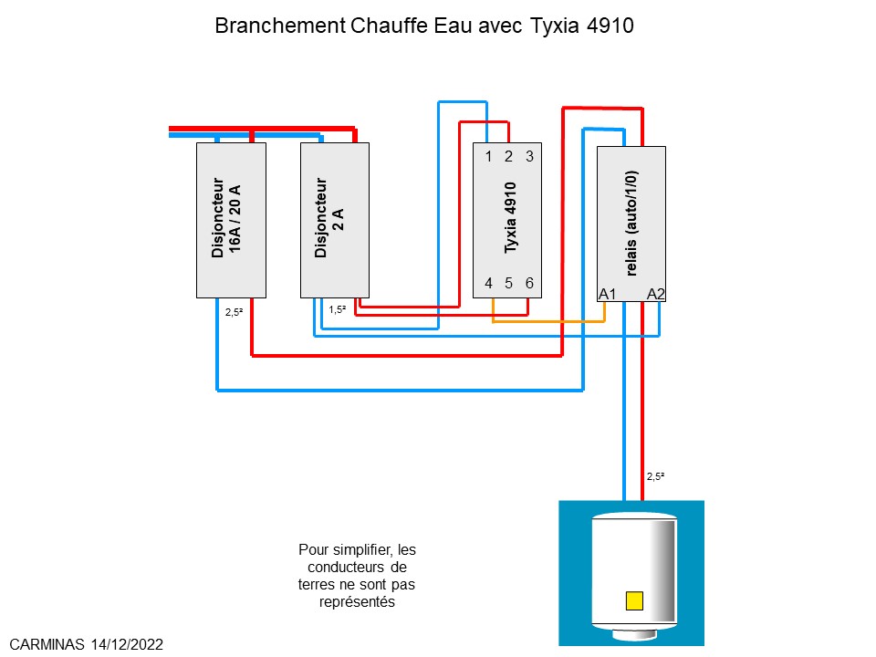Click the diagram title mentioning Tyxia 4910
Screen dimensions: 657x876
(x=423, y=26)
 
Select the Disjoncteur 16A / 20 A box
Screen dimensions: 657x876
(x=231, y=220)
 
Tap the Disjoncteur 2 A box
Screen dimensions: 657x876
(x=334, y=220)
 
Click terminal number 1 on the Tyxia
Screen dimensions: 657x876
(x=488, y=157)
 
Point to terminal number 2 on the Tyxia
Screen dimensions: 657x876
(x=508, y=157)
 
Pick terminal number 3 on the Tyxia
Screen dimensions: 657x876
(x=529, y=157)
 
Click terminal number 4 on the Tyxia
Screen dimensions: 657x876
(x=488, y=283)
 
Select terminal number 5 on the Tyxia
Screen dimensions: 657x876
(x=508, y=283)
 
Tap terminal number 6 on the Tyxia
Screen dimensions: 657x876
(x=529, y=283)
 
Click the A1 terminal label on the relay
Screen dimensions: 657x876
(x=608, y=294)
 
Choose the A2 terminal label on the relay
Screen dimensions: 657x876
(x=656, y=294)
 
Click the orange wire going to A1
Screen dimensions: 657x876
(x=547, y=321)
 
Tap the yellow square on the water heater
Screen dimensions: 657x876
(x=634, y=600)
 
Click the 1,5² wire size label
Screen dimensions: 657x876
(x=337, y=309)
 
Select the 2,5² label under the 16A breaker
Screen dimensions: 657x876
(x=234, y=311)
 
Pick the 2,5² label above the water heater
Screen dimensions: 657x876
(x=655, y=476)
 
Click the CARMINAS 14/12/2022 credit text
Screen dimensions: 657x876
(x=86, y=644)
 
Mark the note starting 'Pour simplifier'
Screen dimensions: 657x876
(x=357, y=576)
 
